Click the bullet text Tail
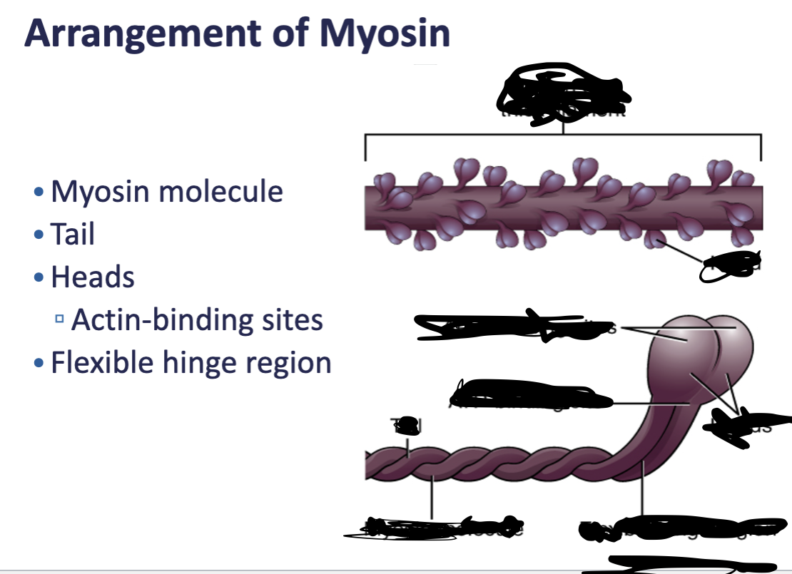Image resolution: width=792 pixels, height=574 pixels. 73,235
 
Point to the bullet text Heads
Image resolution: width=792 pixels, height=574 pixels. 93,277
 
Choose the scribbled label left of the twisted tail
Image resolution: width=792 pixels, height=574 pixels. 406,425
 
